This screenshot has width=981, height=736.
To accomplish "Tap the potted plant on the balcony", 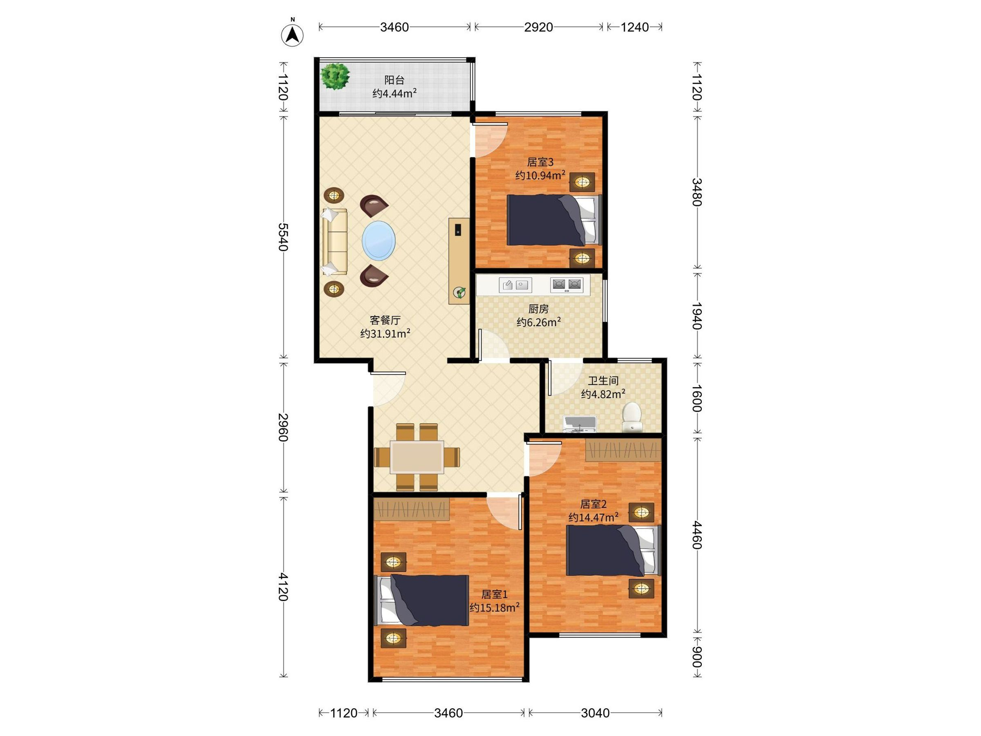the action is click(335, 76).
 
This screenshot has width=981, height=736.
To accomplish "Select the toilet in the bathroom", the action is click(632, 417).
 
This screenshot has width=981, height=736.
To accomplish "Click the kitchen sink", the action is click(515, 285).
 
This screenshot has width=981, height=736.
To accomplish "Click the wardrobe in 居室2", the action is click(623, 450).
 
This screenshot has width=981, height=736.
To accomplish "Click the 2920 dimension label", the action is click(538, 27).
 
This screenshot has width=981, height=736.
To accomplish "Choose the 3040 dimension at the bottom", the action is click(595, 713).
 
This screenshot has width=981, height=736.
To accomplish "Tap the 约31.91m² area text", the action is click(385, 333).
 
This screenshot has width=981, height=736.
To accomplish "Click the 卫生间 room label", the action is click(603, 381).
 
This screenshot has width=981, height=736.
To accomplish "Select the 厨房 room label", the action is click(538, 309).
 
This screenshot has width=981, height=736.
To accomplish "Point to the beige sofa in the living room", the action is click(335, 242).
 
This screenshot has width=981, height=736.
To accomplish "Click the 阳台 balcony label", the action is click(394, 80).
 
